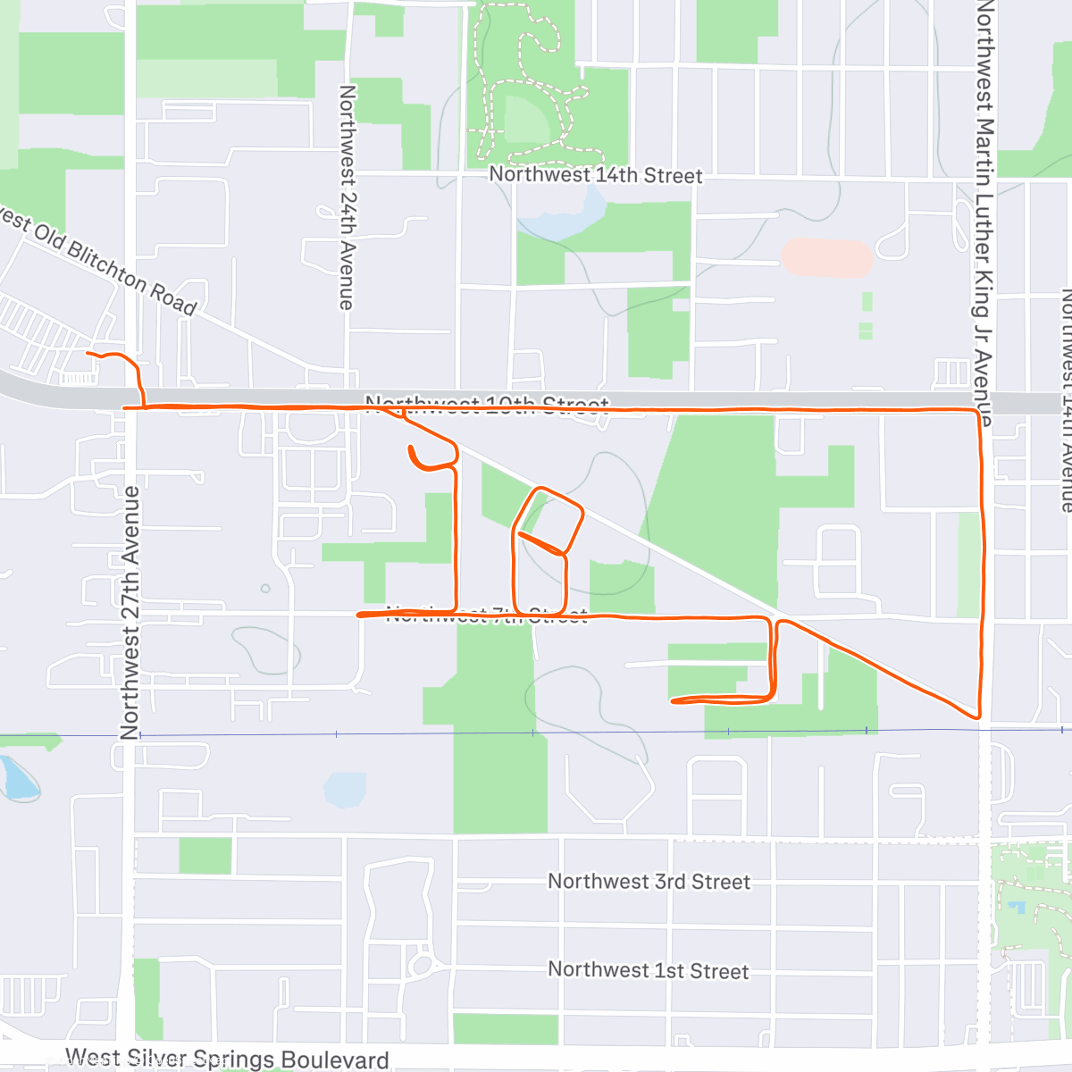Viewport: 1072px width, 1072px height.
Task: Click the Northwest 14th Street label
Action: tap(596, 175)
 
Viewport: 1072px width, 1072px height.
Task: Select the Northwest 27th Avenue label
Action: tap(130, 613)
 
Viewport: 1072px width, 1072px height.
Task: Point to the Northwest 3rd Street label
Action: tap(649, 882)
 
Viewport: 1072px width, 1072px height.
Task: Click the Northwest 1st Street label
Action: tap(649, 970)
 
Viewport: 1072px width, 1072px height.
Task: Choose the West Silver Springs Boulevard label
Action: tap(227, 1059)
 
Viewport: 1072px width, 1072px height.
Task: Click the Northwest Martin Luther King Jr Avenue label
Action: tap(984, 214)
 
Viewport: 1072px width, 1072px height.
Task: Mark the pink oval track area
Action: tap(826, 257)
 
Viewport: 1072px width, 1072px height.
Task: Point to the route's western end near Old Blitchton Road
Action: tap(88, 355)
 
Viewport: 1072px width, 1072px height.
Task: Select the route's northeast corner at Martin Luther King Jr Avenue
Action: tap(977, 411)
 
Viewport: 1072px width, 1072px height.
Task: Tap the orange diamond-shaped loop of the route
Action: tap(547, 519)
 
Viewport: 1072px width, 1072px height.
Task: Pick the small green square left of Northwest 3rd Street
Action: tap(205, 856)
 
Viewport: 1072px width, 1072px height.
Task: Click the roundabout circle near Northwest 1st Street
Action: tap(420, 965)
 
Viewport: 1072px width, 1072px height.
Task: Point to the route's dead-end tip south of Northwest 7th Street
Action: tap(673, 701)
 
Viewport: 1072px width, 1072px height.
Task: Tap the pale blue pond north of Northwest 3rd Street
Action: tap(345, 790)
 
